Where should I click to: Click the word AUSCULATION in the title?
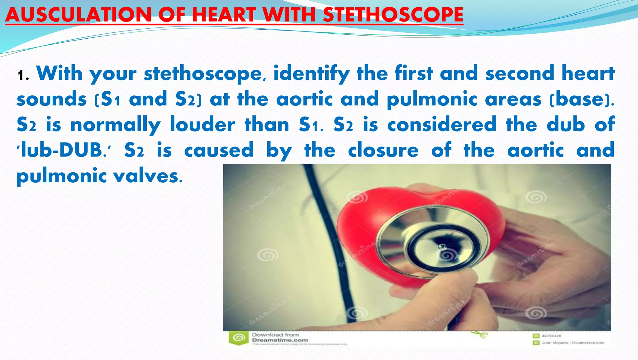pos(78,15)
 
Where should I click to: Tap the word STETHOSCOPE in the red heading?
pos(393,15)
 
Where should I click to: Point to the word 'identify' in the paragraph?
pos(312,74)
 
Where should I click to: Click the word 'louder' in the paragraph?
pos(202,125)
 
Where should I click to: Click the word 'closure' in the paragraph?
pos(383,150)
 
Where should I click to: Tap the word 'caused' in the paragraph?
pos(219,150)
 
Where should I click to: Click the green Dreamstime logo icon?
pos(239,338)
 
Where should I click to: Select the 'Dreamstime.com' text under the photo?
pos(280,340)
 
